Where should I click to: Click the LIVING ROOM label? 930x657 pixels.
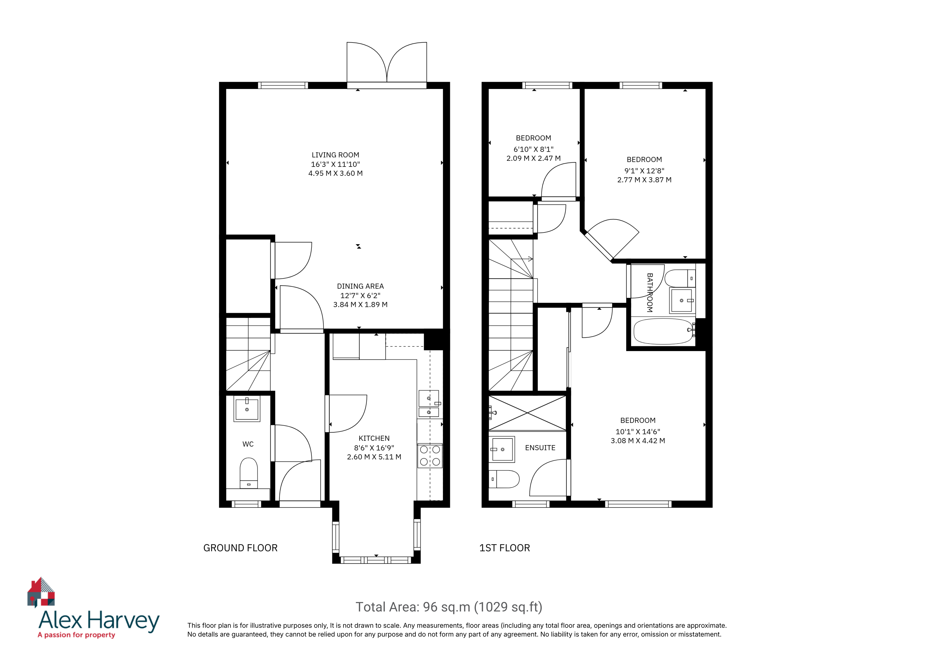[x=335, y=155]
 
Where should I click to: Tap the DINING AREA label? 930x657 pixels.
[x=360, y=286]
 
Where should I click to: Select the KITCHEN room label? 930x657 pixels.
[x=374, y=438]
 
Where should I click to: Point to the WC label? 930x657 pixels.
[x=248, y=444]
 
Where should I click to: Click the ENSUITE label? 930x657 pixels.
[x=540, y=448]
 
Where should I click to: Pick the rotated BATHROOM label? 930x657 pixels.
[x=650, y=293]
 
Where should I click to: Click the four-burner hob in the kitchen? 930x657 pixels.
[x=430, y=456]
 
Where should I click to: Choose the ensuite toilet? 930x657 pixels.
[x=504, y=479]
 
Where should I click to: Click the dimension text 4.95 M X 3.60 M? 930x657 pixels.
[x=335, y=173]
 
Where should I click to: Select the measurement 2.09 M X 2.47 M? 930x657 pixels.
[x=533, y=158]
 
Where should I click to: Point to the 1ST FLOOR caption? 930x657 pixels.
[x=505, y=548]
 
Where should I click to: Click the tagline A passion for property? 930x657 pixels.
[x=76, y=635]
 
